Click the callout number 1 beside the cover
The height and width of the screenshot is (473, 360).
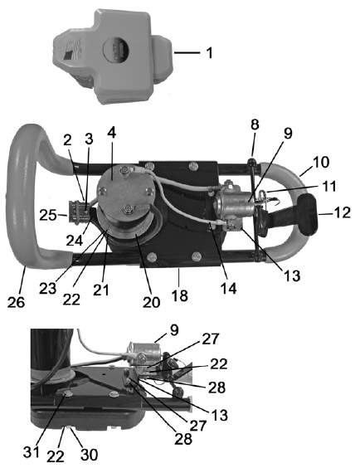click(210, 52)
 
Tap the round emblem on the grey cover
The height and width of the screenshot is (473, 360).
click(116, 50)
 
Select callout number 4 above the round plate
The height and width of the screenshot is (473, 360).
click(111, 134)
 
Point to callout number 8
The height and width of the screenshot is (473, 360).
click(255, 124)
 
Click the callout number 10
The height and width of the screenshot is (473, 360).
click(321, 163)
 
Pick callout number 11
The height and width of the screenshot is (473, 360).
click(328, 186)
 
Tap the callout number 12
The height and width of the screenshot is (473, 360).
click(342, 212)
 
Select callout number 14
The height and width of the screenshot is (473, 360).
click(228, 288)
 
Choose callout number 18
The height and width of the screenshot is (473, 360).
click(180, 295)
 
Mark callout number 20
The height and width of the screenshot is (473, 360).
click(151, 302)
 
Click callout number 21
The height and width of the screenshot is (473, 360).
click(101, 290)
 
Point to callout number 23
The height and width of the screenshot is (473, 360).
click(47, 289)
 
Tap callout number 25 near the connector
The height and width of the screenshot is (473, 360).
click(48, 216)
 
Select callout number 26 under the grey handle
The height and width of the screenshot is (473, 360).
click(17, 302)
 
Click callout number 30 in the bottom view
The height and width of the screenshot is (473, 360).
click(90, 454)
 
